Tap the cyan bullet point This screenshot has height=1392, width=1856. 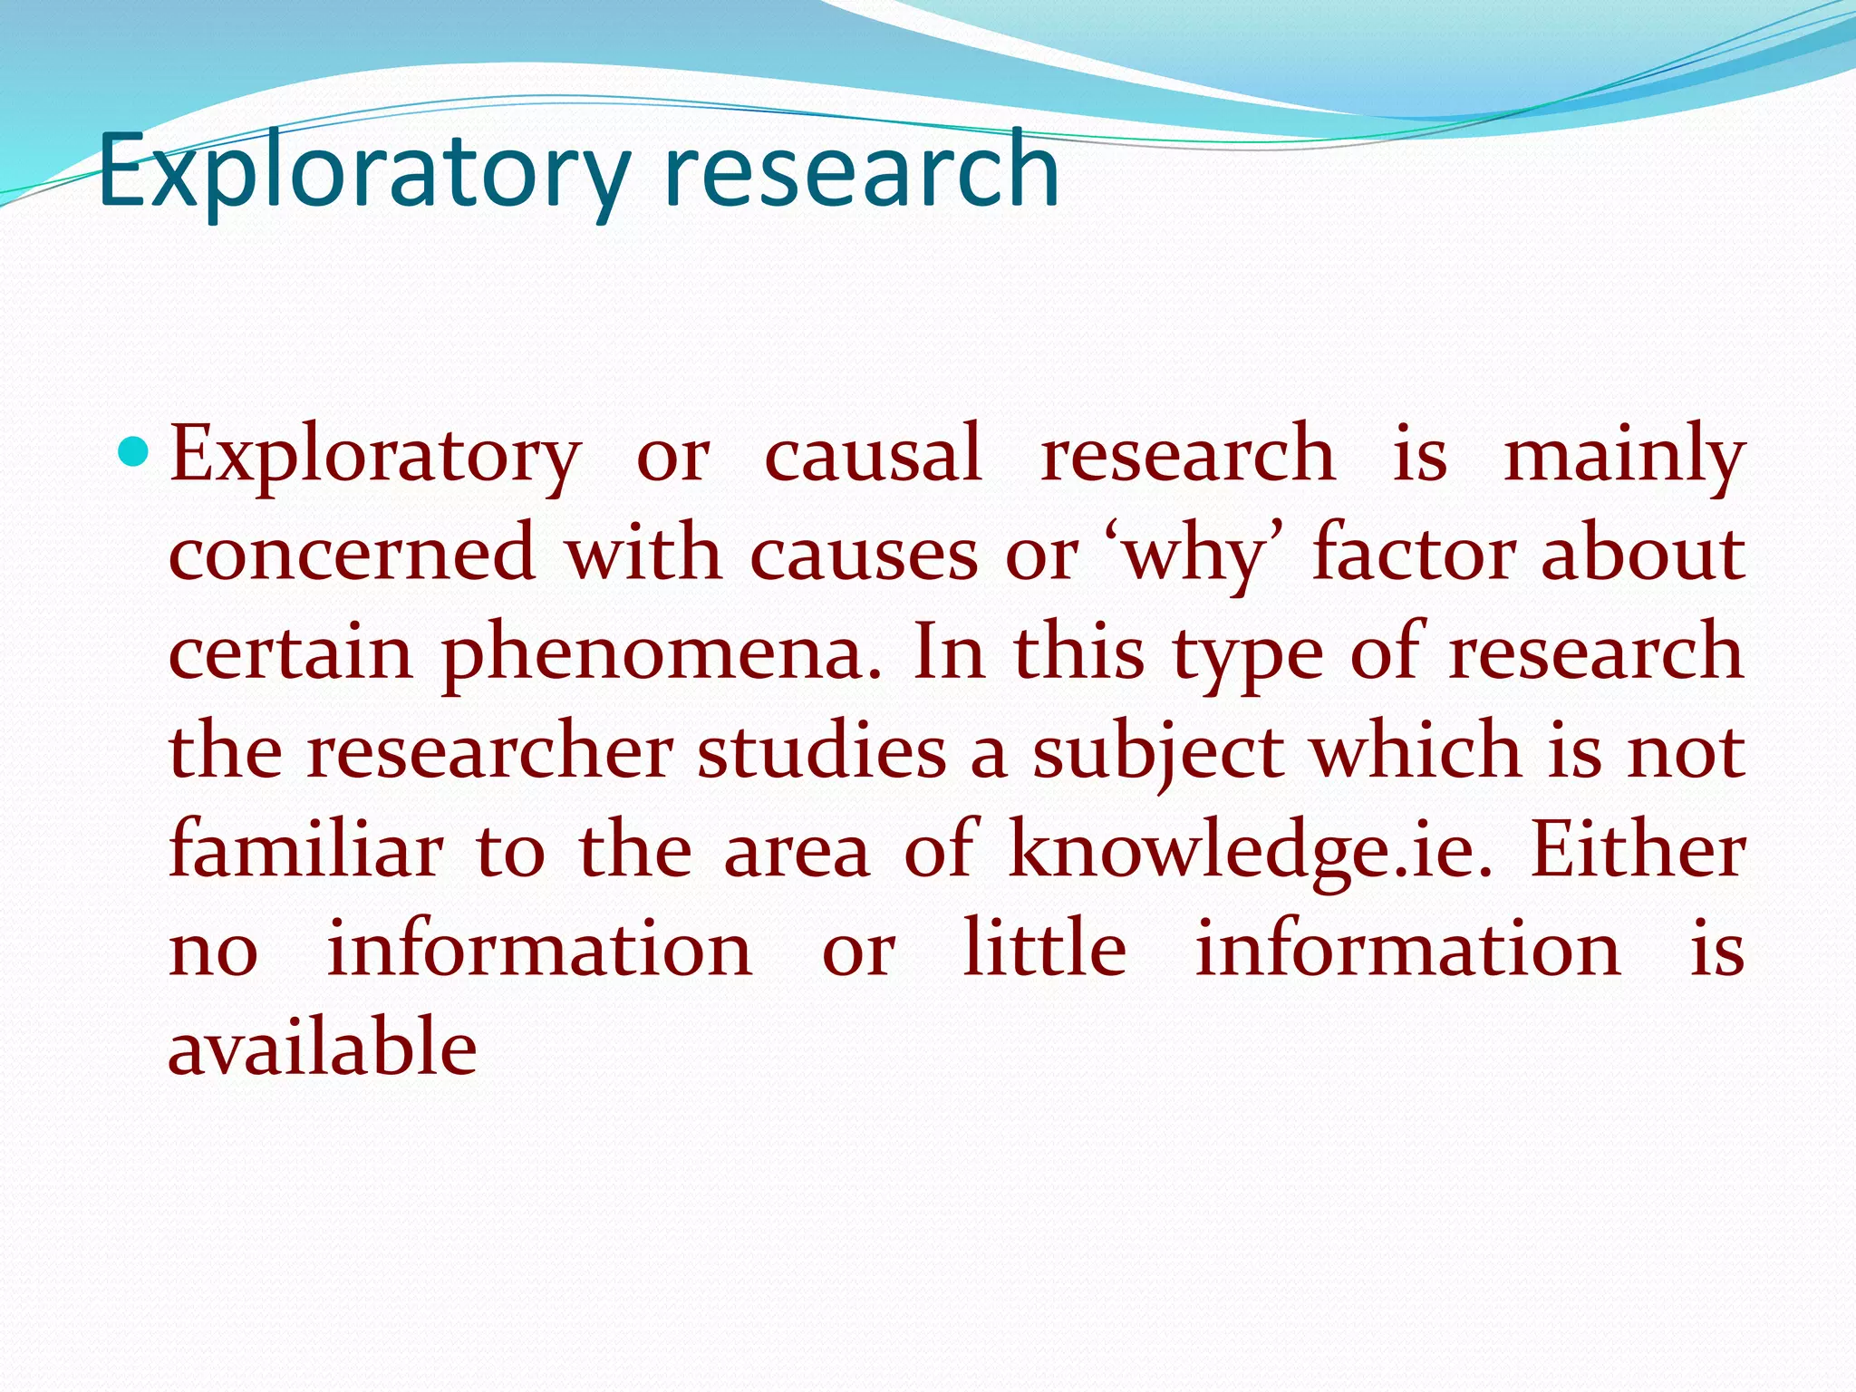(x=133, y=450)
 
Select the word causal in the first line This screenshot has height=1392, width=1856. (x=873, y=454)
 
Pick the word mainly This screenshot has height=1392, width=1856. (x=1623, y=456)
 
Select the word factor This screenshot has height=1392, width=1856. (x=1414, y=554)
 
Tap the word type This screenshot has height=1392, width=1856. (x=1248, y=653)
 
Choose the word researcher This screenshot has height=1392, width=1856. (x=489, y=752)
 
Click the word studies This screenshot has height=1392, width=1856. (x=821, y=752)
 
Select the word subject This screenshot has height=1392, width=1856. (x=1158, y=752)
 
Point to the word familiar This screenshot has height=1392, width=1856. (x=306, y=850)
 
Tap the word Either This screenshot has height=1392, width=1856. (x=1637, y=850)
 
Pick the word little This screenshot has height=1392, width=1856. (x=1044, y=949)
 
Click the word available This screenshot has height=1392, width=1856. (x=323, y=1048)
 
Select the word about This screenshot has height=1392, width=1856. (x=1642, y=554)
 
